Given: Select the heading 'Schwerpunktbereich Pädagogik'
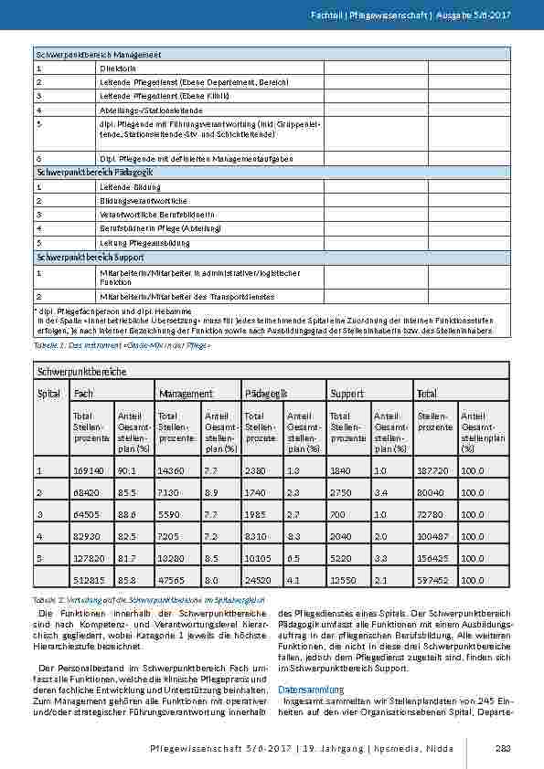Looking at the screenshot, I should [x=94, y=172].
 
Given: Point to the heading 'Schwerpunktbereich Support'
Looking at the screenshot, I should [x=90, y=258].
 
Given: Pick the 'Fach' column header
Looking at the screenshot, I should [x=82, y=393].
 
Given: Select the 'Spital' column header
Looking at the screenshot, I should [x=48, y=393].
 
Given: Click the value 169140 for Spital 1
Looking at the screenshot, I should [x=86, y=470].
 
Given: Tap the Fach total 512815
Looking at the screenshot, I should [x=86, y=579].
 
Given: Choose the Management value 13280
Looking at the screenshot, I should [x=171, y=557].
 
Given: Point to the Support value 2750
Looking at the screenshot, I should [x=341, y=492].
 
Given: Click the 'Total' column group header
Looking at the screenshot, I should [x=426, y=393].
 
